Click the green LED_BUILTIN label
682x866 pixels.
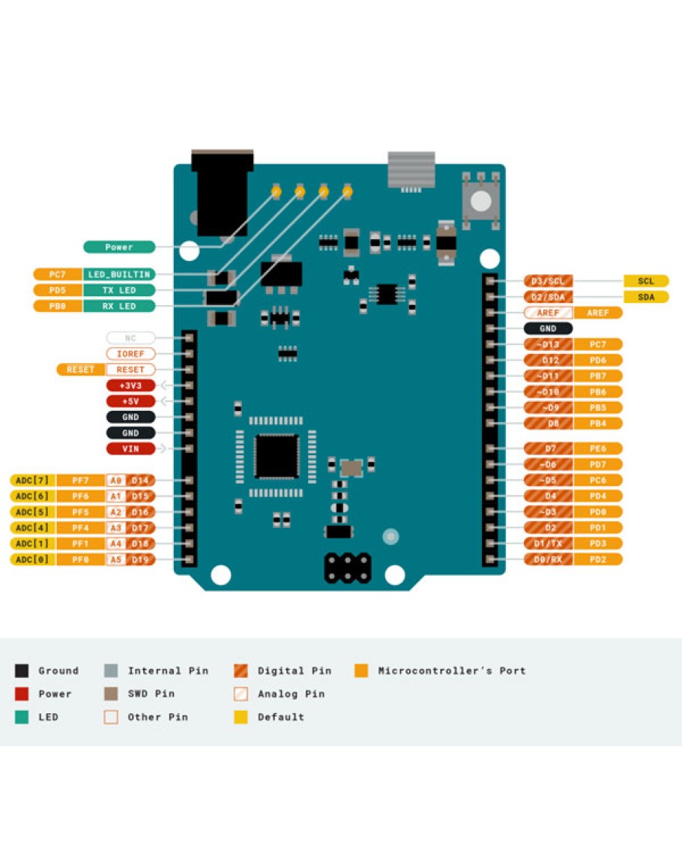click(x=119, y=274)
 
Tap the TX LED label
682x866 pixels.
click(x=119, y=290)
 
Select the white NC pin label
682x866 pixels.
click(x=130, y=338)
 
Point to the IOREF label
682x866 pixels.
click(x=130, y=354)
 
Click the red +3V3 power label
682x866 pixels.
click(x=130, y=385)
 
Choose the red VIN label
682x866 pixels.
click(x=130, y=449)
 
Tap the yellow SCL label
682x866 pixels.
click(x=646, y=281)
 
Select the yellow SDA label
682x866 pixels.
click(x=646, y=297)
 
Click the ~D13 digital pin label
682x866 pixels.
click(x=549, y=345)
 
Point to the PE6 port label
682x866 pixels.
click(x=597, y=448)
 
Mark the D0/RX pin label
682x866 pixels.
click(x=549, y=559)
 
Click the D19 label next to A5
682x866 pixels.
click(x=141, y=559)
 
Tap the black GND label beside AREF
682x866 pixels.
click(x=549, y=328)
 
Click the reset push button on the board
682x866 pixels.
click(x=481, y=200)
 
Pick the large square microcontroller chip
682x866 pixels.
click(x=277, y=456)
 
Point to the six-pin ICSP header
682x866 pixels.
click(x=348, y=568)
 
